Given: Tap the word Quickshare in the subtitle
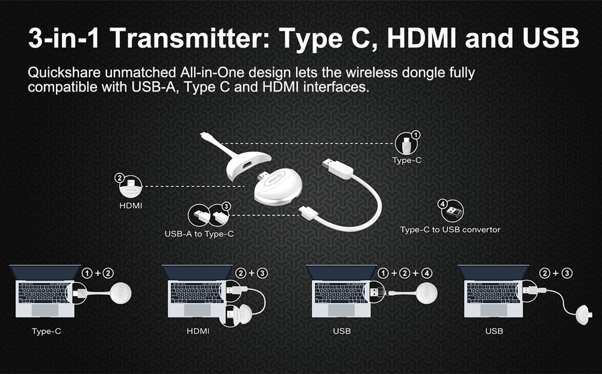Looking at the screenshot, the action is click(64, 72).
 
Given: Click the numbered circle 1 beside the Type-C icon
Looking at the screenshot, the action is click(415, 135).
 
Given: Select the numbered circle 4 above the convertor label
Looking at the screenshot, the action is click(442, 204).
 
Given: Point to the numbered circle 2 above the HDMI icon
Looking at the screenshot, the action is click(119, 178).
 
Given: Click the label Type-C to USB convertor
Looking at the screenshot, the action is click(450, 229).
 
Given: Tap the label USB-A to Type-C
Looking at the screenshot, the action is click(199, 234).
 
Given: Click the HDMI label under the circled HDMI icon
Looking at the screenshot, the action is click(131, 206).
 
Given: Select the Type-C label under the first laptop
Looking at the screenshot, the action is click(46, 331).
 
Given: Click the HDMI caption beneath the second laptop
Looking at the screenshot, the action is click(198, 331).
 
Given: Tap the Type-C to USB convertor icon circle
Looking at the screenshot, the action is click(452, 211).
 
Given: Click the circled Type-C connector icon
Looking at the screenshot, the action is click(406, 143).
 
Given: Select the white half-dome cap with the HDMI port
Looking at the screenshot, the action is click(247, 165).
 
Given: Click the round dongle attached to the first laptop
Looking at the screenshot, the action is click(120, 293).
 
